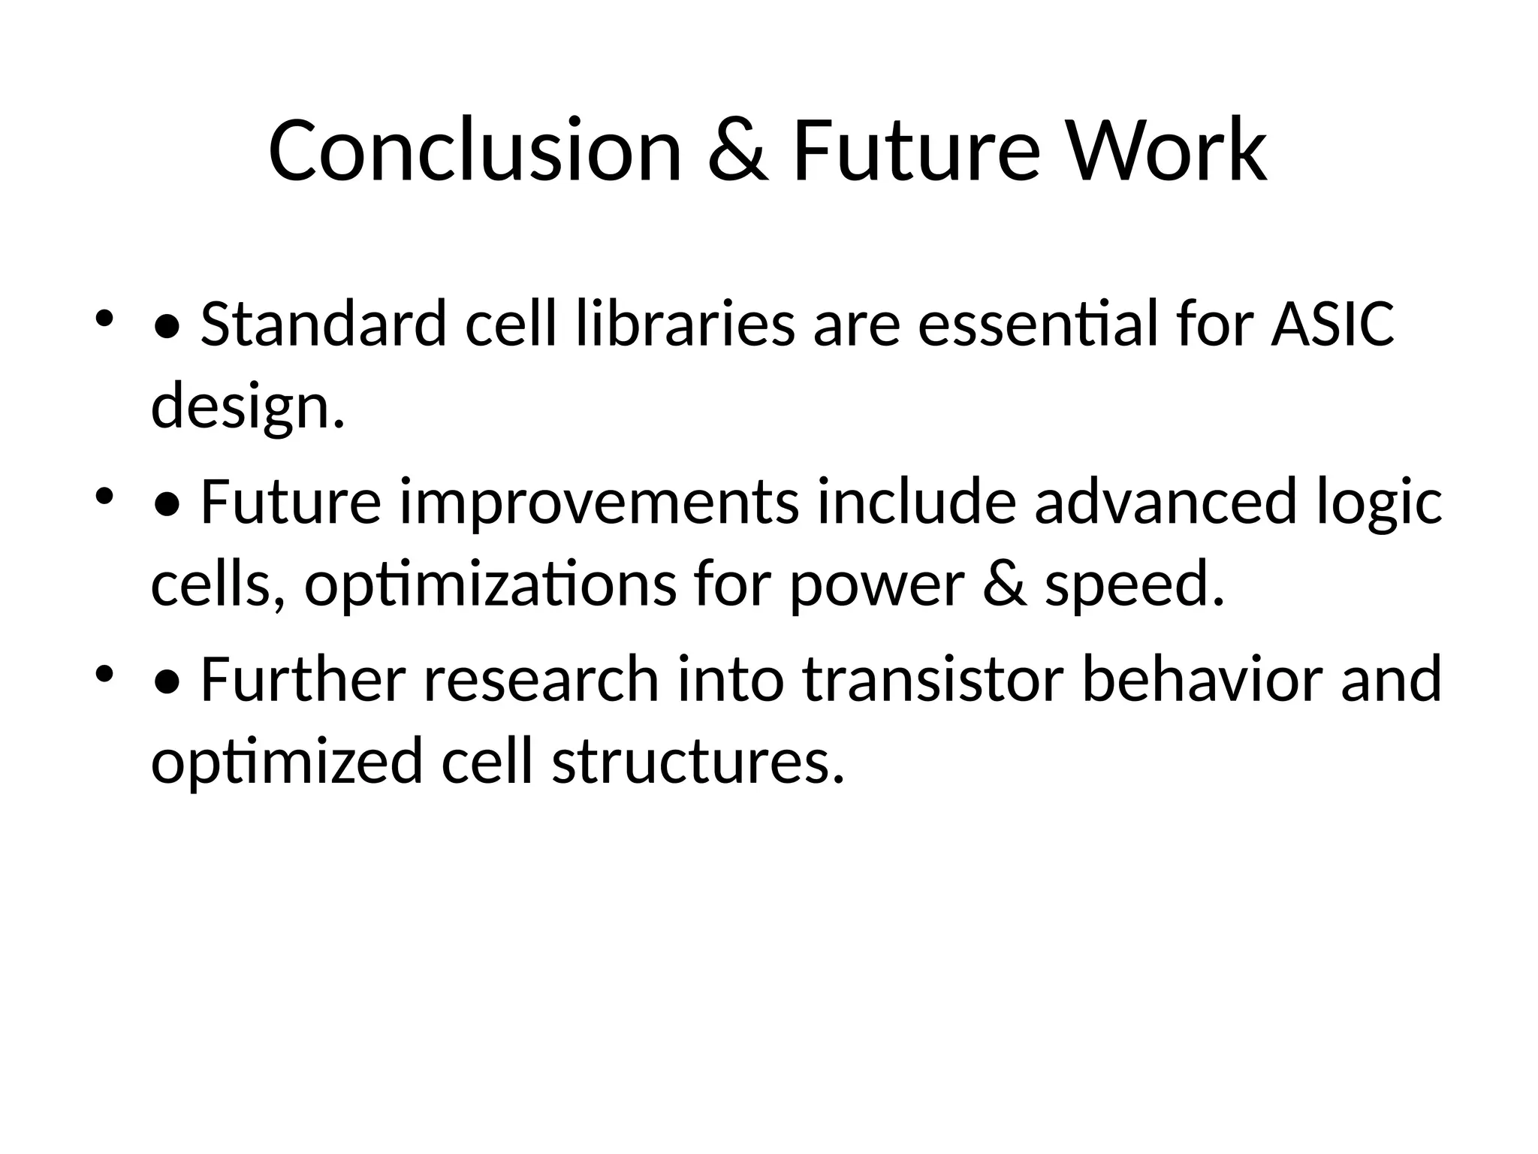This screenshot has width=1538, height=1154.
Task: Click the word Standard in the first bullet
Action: point(324,325)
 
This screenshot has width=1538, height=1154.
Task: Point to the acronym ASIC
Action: point(1332,325)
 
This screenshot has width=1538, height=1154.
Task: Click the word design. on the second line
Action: point(248,406)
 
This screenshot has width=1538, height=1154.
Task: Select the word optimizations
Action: point(490,585)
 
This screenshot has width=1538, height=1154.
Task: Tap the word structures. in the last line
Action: point(698,761)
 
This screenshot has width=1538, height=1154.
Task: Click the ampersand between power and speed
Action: point(1003,585)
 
